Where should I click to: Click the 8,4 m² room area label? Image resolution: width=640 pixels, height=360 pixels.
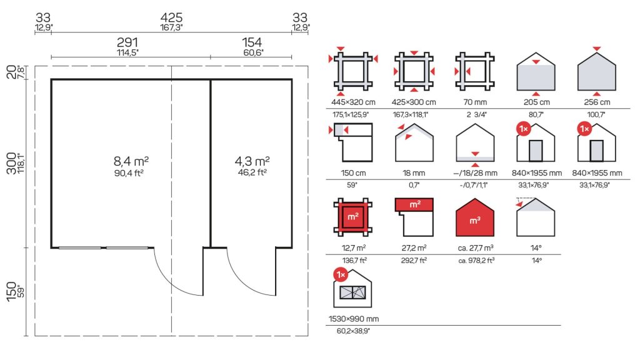131,161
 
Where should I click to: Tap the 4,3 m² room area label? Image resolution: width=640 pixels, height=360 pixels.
252,161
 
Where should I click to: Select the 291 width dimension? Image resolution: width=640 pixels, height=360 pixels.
127,42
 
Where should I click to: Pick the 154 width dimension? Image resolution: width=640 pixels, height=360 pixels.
252,42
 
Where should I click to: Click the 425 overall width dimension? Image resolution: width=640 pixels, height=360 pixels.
171,17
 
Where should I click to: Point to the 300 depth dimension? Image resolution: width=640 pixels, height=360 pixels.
12,163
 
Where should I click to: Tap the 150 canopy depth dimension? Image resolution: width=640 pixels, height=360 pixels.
12,291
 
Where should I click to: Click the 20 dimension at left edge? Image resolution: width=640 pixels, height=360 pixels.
12,72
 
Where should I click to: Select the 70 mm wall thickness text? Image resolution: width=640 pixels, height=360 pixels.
475,102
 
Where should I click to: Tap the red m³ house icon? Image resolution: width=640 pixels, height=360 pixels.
475,217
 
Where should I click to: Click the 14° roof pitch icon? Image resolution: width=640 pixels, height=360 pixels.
535,217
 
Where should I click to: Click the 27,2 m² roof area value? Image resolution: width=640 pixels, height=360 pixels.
414,247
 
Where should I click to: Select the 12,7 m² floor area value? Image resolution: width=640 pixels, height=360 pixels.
354,247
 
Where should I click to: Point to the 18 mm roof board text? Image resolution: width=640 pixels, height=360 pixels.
414,173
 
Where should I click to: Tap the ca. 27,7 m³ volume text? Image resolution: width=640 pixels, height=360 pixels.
476,247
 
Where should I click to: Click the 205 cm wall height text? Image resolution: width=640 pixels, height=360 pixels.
537,102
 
